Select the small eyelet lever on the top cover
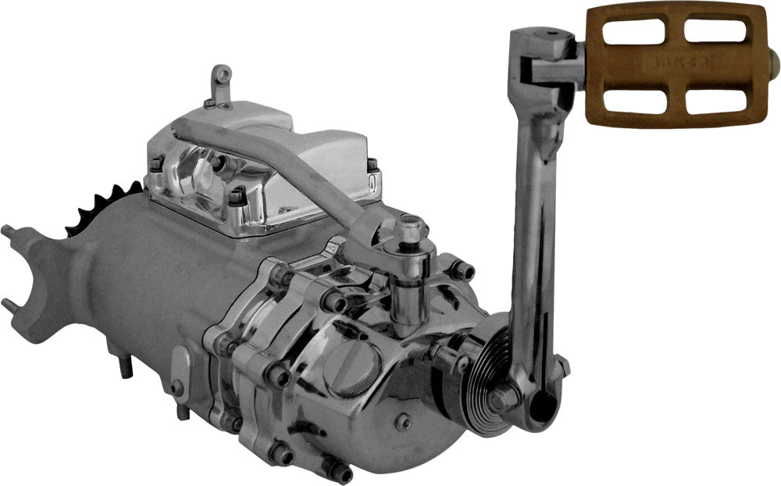(221, 83)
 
